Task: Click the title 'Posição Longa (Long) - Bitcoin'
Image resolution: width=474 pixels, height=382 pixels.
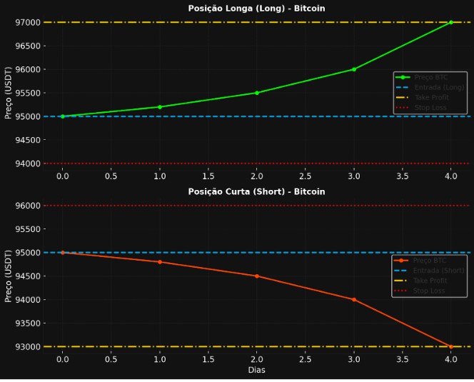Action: pyautogui.click(x=256, y=9)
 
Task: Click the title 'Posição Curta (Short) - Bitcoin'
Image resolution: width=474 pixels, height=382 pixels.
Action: pyautogui.click(x=256, y=192)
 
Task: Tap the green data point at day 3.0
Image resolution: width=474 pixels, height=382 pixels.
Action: pyautogui.click(x=354, y=69)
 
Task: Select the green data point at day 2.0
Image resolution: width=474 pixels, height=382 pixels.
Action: pyautogui.click(x=257, y=93)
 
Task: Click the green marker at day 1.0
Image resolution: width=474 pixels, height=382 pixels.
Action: pyautogui.click(x=160, y=107)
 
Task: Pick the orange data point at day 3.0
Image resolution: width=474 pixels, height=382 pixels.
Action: pyautogui.click(x=354, y=299)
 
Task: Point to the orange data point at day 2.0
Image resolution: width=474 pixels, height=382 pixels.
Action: pyautogui.click(x=257, y=276)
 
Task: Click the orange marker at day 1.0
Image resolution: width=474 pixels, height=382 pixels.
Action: pyautogui.click(x=160, y=262)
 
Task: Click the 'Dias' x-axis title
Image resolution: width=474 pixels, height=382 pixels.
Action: pyautogui.click(x=256, y=371)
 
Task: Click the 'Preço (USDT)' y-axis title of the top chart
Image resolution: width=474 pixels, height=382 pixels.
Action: pyautogui.click(x=9, y=93)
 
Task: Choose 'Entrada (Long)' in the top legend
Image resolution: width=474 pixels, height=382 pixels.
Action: pyautogui.click(x=438, y=87)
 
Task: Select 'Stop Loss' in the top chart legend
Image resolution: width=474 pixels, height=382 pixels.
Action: pyautogui.click(x=430, y=108)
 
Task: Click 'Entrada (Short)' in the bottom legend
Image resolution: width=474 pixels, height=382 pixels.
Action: pyautogui.click(x=438, y=271)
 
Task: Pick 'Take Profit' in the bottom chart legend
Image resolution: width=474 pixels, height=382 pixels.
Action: pyautogui.click(x=430, y=281)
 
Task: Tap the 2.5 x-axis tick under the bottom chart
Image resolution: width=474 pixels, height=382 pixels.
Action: pyautogui.click(x=306, y=359)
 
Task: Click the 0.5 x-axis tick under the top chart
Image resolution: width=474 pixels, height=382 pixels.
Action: pyautogui.click(x=111, y=176)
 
